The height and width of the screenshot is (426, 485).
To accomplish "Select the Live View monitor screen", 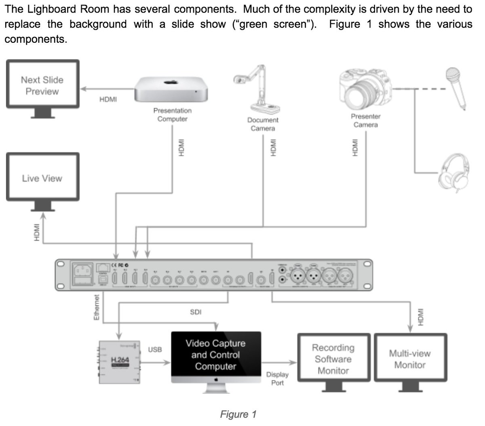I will tap(42, 178).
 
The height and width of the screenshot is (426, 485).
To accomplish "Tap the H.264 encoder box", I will tap(120, 361).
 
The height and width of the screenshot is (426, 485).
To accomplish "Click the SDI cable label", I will tap(196, 312).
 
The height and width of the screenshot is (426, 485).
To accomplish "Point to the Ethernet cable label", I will tap(97, 308).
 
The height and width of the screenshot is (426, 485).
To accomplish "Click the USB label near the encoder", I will tap(155, 350).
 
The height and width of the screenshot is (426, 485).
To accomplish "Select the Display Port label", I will tap(277, 378).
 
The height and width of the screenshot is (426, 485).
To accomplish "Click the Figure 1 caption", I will tap(238, 414).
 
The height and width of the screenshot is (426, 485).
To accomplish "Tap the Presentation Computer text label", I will tap(172, 115).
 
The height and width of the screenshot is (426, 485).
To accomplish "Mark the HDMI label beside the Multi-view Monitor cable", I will tap(421, 317).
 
